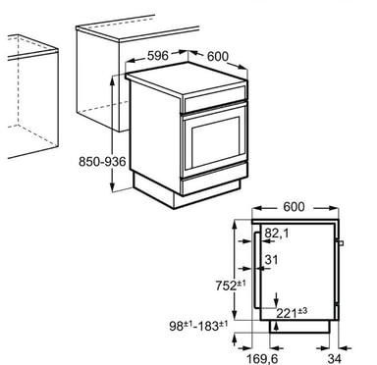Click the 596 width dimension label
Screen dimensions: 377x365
pos(158,56)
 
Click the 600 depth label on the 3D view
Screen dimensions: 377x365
pos(218,56)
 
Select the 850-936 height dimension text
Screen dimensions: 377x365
pos(102,162)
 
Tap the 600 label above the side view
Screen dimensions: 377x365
pos(294,207)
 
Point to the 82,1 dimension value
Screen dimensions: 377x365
pos(277,234)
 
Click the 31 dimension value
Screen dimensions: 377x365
pos(271,260)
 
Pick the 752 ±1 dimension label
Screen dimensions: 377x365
pos(231,285)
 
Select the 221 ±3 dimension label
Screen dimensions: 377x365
pos(292,312)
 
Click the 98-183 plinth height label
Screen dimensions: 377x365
pos(198,326)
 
